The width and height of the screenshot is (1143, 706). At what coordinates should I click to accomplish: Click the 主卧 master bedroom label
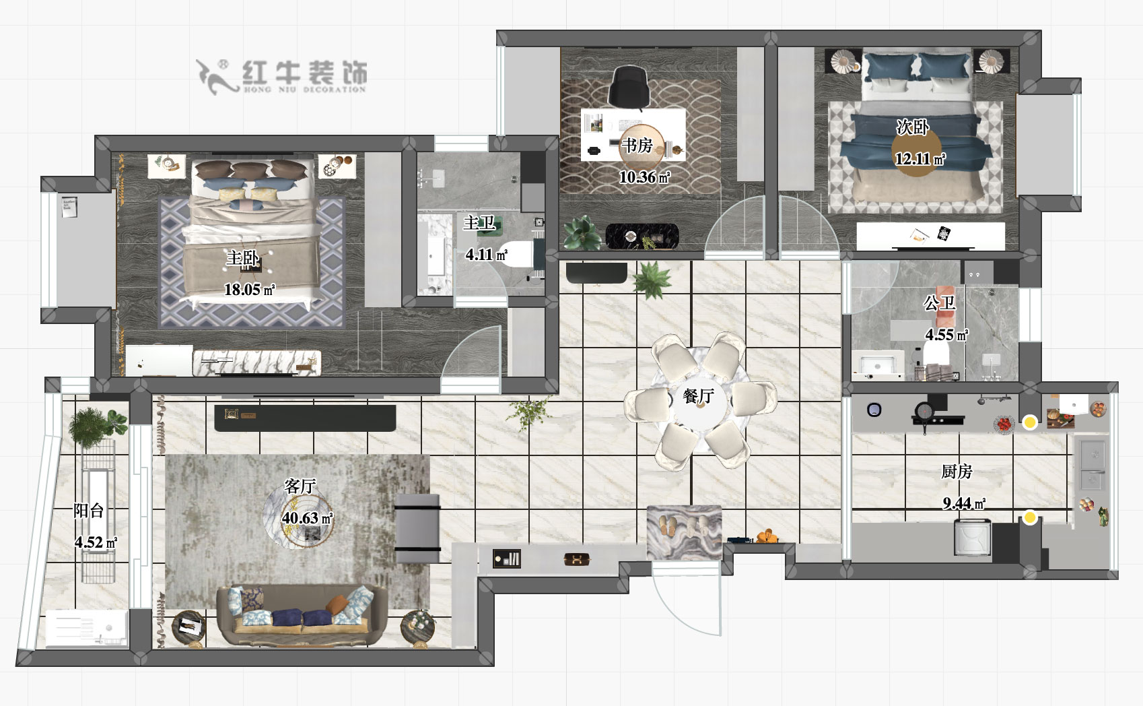coord(242,258)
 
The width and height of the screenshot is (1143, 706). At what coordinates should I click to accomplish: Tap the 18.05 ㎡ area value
coord(249,290)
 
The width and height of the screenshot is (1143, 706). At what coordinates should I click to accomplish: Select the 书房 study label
coord(636,145)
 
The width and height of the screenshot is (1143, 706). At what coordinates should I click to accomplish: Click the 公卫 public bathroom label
coord(939,304)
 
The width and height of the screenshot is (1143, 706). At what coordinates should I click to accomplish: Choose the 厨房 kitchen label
coord(957,472)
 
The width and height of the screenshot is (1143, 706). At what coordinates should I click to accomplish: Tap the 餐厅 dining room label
coord(698,396)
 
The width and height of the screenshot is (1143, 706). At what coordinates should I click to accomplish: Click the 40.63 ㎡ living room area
coord(307,518)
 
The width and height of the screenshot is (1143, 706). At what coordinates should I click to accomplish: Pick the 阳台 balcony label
coord(89,510)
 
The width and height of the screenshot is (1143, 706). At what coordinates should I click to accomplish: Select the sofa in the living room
coord(302,615)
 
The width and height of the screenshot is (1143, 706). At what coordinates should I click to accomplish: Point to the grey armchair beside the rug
coord(417,527)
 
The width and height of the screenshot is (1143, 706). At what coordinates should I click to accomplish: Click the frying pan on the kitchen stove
coord(923,410)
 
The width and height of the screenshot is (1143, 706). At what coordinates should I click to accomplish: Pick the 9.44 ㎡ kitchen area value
coord(964,503)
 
